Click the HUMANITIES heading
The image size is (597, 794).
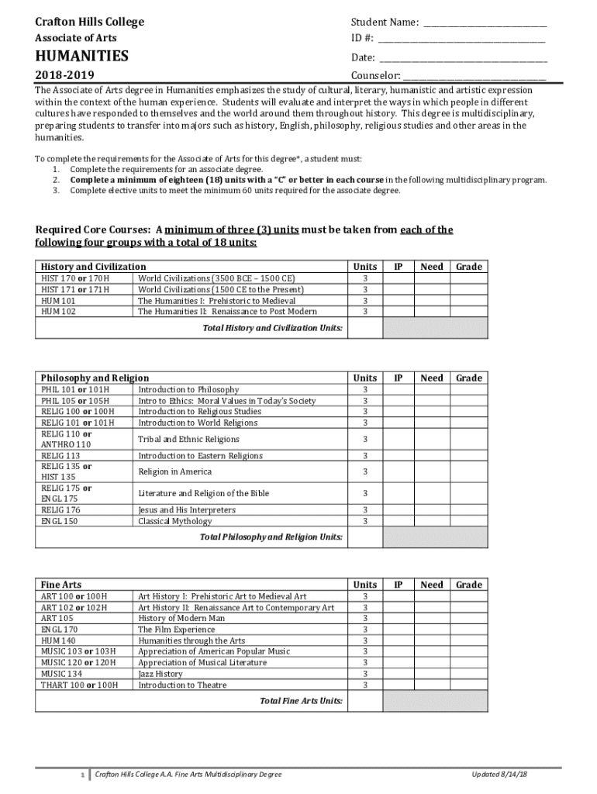pos(81,57)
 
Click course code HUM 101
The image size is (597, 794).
pos(58,300)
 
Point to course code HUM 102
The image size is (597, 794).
pos(58,311)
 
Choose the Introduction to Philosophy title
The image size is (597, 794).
pos(188,389)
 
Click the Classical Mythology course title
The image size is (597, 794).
pos(174,521)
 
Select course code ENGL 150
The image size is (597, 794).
pos(59,521)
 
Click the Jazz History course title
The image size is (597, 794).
pos(160,674)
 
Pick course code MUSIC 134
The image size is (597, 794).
pos(61,674)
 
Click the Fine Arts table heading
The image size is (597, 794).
pos(61,585)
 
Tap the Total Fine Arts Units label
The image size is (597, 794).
pos(302,701)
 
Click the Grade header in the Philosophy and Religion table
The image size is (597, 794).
pos(468,378)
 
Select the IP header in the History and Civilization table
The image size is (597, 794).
pos(398,267)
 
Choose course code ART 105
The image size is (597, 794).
pos(57,618)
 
